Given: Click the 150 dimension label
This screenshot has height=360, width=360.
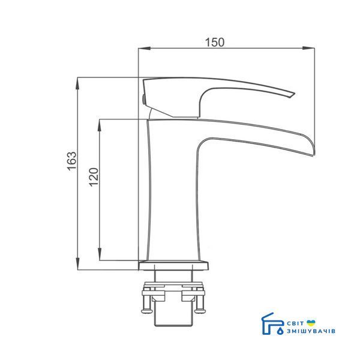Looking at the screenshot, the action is coord(214,42).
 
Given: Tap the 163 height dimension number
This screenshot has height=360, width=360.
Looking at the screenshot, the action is coord(72,161).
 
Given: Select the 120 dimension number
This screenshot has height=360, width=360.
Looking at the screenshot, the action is coord(94,177).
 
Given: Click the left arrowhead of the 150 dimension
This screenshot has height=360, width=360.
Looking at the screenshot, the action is coord(145,48).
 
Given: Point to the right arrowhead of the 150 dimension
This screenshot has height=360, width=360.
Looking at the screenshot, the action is coord(308,48).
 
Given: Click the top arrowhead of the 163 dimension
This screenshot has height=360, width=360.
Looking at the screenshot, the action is coord(78,83).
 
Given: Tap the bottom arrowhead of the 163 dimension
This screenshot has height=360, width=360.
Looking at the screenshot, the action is coord(78,263).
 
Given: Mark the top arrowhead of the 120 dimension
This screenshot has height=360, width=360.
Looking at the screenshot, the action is coord(100,125).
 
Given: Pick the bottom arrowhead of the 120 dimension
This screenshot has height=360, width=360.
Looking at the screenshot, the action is coord(100,254).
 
